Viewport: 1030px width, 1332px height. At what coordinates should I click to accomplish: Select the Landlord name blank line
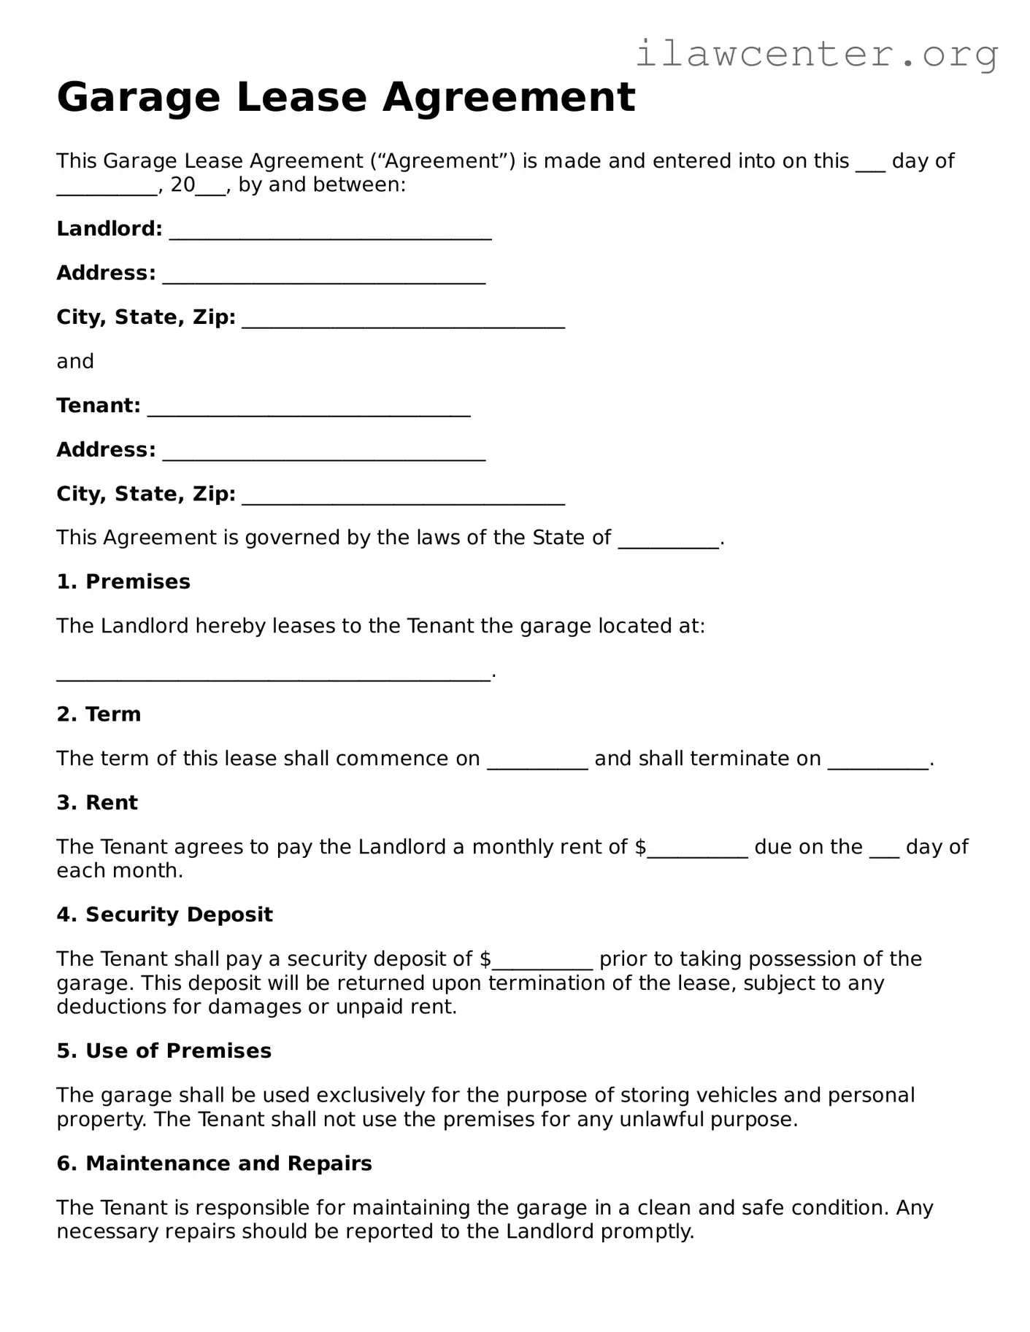(x=330, y=232)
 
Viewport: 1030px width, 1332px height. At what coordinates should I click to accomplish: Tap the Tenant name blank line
(x=309, y=408)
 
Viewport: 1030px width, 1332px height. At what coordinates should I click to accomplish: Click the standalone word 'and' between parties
(x=75, y=362)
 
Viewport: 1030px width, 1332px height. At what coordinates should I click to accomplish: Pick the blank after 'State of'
(x=669, y=541)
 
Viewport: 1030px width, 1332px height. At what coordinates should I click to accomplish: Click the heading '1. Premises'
(x=123, y=581)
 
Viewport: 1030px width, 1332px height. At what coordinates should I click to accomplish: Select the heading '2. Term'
(x=99, y=714)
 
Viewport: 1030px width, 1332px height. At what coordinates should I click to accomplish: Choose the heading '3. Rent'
(x=97, y=802)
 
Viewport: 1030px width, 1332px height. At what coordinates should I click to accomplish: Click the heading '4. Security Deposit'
(x=164, y=915)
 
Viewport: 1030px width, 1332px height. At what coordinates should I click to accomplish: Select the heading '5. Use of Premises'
(x=164, y=1050)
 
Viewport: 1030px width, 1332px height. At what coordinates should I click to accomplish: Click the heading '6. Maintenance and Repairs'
(x=214, y=1163)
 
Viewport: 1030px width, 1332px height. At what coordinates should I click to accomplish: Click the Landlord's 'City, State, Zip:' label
(x=146, y=317)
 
